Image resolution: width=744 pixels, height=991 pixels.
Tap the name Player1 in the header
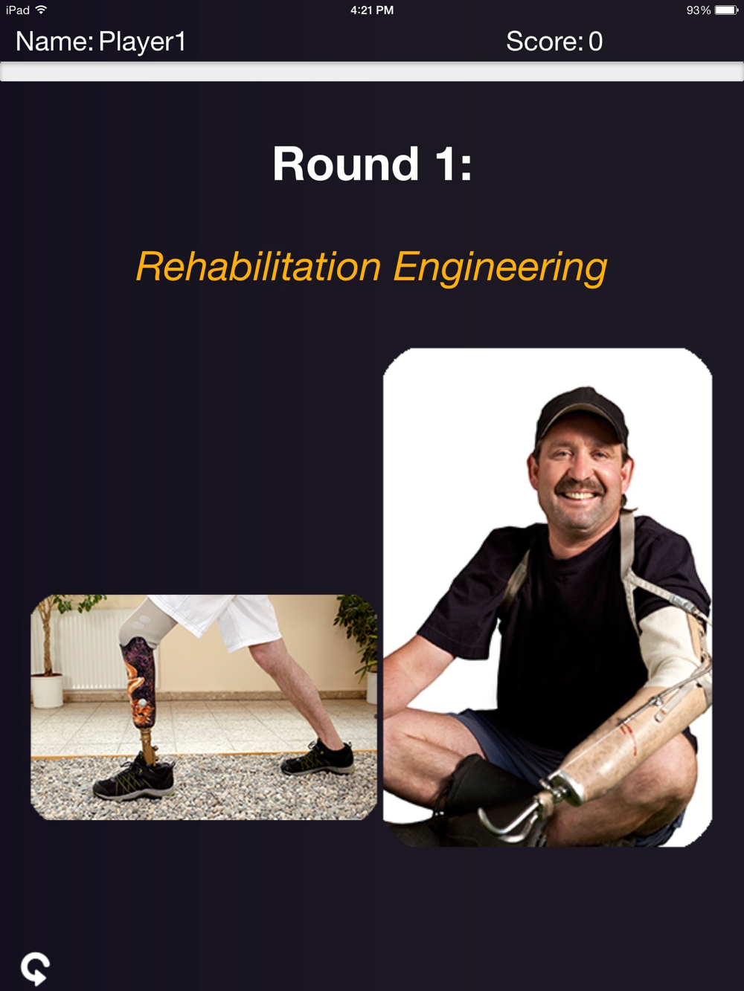tap(142, 42)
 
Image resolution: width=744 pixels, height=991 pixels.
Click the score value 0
tap(595, 42)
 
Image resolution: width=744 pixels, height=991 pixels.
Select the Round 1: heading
tap(372, 164)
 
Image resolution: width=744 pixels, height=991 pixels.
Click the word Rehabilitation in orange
tap(259, 267)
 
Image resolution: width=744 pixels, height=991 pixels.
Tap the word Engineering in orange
tap(500, 268)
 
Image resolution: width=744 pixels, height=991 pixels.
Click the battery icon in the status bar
tap(726, 10)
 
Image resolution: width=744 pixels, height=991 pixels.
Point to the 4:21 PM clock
tap(372, 10)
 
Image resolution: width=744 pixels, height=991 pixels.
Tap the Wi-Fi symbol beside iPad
tap(41, 10)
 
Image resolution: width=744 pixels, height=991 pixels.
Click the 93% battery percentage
tap(699, 10)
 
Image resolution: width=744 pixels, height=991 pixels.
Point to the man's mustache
tap(580, 487)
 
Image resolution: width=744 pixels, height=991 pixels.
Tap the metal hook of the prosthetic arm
tap(510, 817)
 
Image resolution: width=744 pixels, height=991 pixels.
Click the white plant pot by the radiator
tap(47, 691)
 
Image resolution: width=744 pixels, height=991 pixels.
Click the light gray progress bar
tap(372, 72)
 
